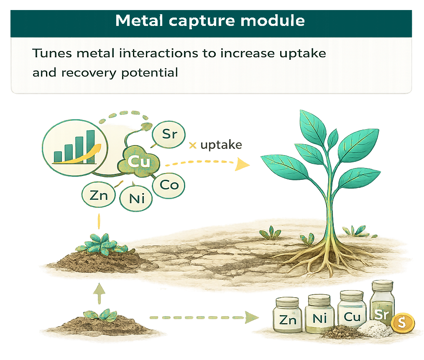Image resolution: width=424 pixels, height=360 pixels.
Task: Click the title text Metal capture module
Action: click(210, 20)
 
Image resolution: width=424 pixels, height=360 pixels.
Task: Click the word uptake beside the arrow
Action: click(221, 145)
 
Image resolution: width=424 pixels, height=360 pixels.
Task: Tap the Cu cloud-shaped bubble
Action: click(137, 161)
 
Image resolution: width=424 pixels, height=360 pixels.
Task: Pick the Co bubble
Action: click(169, 185)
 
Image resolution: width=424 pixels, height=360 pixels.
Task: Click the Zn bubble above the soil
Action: click(99, 195)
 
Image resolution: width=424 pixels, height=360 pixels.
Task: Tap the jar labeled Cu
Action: click(352, 314)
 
